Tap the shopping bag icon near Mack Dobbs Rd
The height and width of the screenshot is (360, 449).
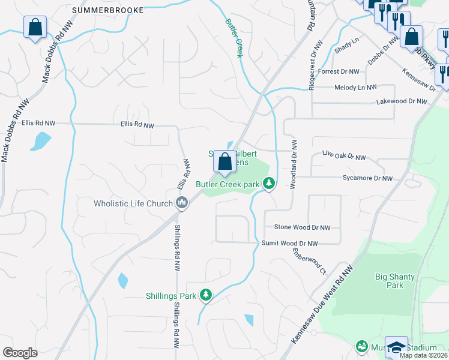click(35, 27)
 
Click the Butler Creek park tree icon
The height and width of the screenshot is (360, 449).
click(270, 184)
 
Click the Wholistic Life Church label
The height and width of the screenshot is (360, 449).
click(133, 204)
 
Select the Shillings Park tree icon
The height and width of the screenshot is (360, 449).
click(206, 295)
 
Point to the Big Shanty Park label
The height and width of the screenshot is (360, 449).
click(394, 281)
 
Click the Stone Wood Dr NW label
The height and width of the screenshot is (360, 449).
click(302, 227)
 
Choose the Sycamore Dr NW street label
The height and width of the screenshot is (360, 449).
click(366, 179)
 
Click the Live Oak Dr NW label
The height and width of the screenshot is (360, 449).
click(343, 157)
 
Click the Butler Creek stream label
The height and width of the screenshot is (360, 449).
click(234, 38)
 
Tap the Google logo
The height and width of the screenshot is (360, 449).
click(20, 353)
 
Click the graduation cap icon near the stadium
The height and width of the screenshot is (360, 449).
click(396, 347)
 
